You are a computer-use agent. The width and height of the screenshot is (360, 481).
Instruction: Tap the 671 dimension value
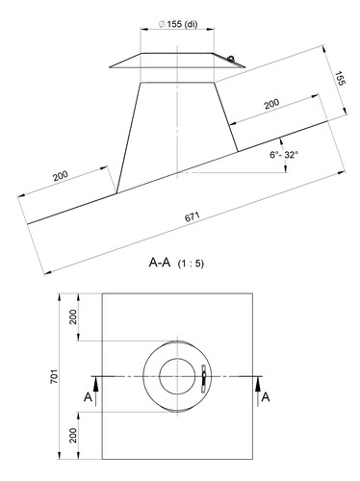pyautogui.click(x=193, y=216)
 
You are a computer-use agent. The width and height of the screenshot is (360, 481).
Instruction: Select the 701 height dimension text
pyautogui.click(x=54, y=376)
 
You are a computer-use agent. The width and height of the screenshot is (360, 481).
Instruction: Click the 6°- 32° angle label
pyautogui.click(x=284, y=155)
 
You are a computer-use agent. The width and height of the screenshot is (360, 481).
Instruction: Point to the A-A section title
pyautogui.click(x=160, y=263)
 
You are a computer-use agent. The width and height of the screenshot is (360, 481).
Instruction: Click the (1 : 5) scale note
pyautogui.click(x=191, y=264)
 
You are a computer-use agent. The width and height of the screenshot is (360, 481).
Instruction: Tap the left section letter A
pyautogui.click(x=88, y=397)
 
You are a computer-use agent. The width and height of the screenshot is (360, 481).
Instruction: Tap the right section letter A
pyautogui.click(x=266, y=397)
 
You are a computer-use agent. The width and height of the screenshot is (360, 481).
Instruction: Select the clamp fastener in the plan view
pyautogui.click(x=203, y=378)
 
